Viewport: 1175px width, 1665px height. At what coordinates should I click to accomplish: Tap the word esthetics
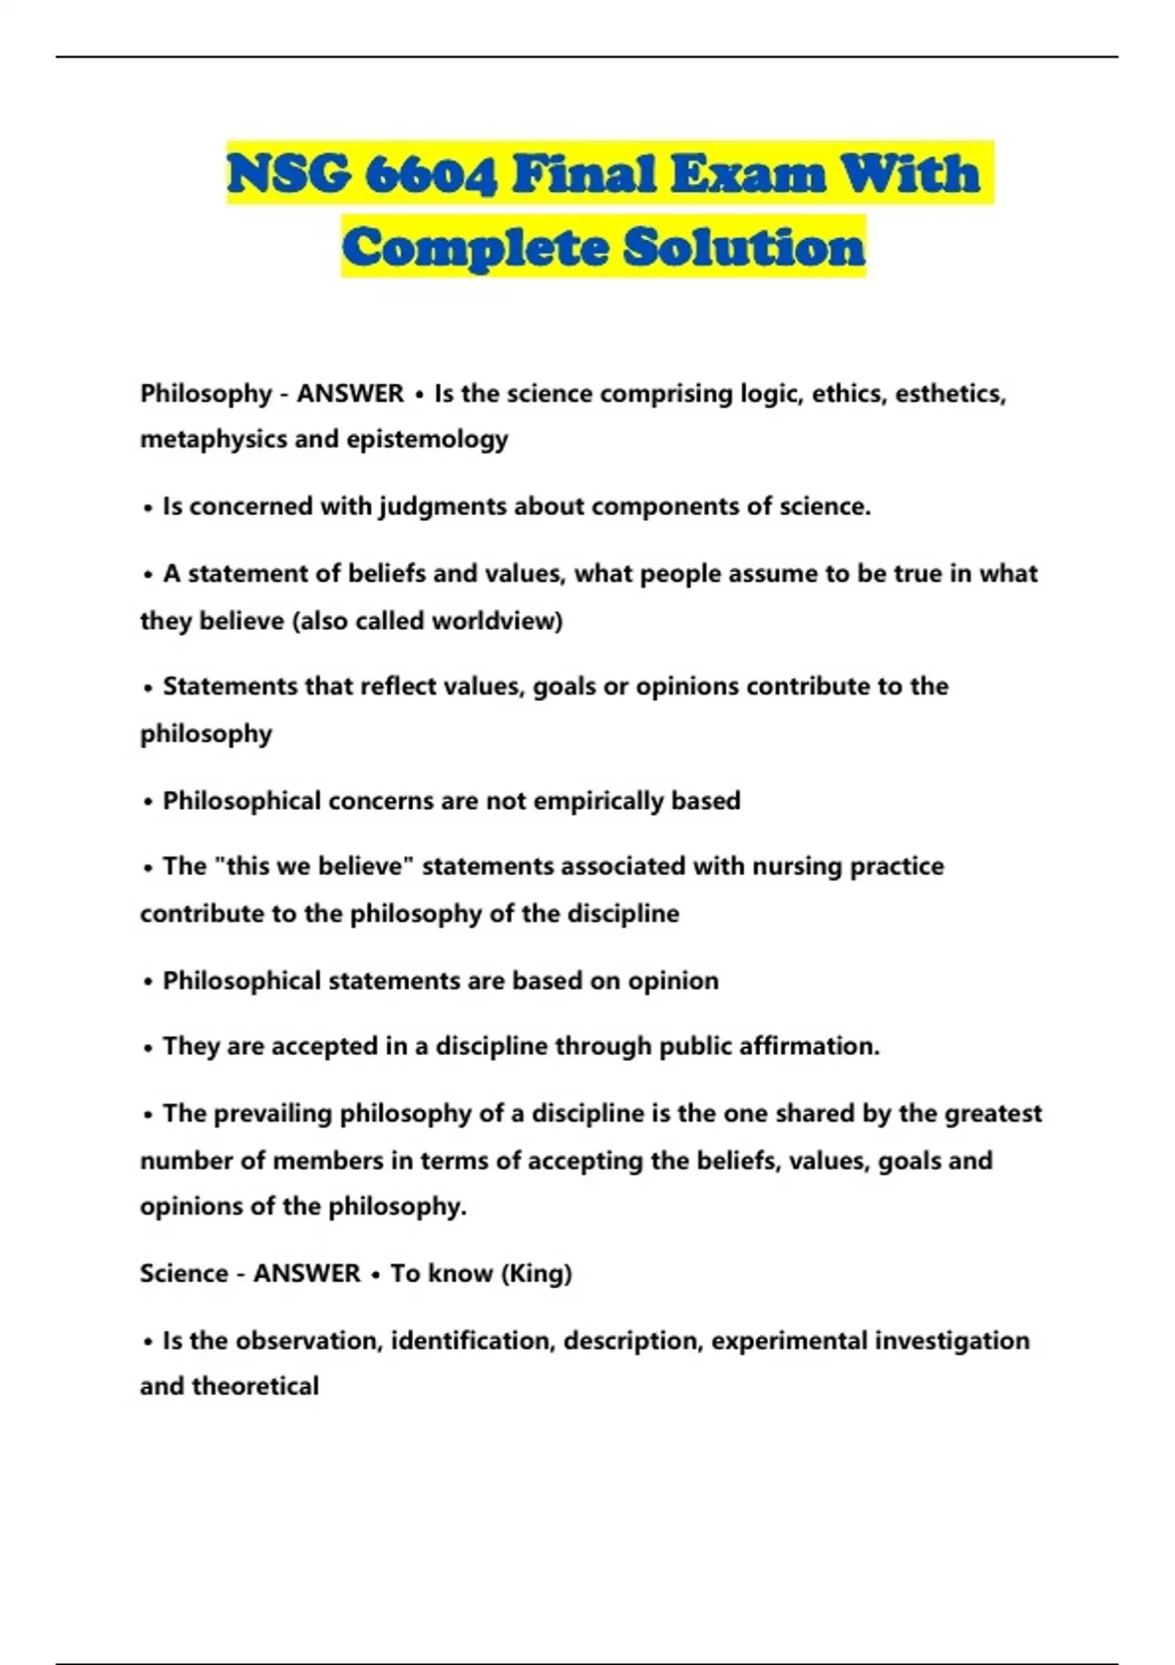click(x=950, y=394)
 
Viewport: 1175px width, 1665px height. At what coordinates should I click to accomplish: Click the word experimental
click(x=788, y=1340)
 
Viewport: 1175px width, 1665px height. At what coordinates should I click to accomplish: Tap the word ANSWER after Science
click(x=306, y=1273)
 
